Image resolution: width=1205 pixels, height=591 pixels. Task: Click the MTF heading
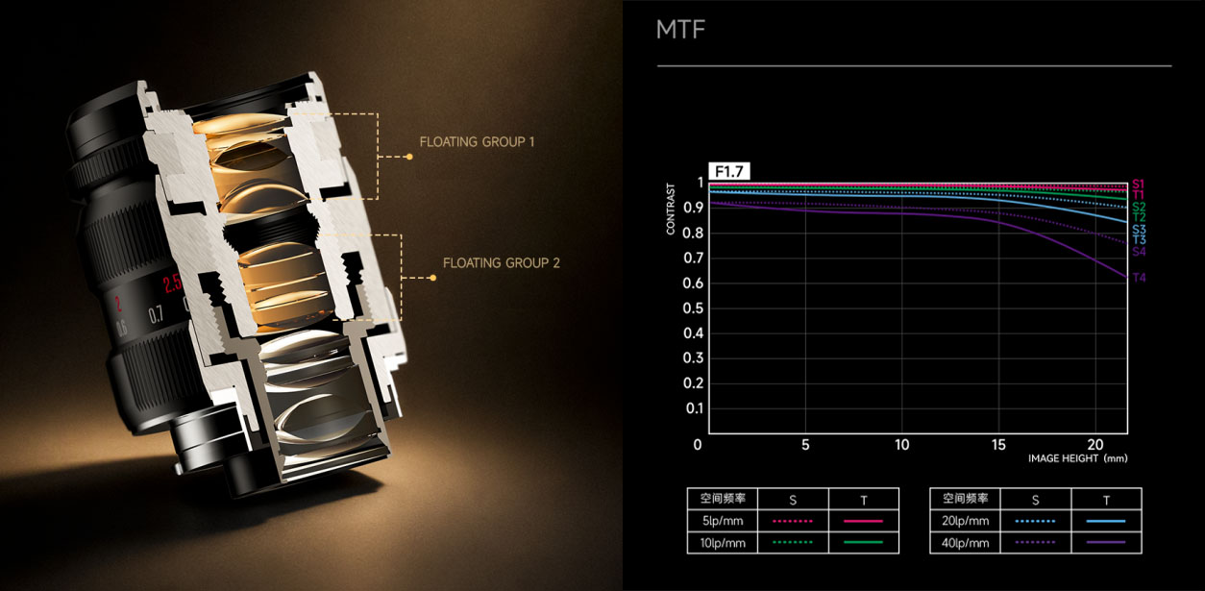click(x=680, y=29)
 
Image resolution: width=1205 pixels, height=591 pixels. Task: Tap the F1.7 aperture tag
click(x=729, y=172)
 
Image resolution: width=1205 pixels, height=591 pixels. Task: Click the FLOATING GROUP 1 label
click(x=478, y=142)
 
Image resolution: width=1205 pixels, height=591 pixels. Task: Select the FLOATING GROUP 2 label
click(x=502, y=263)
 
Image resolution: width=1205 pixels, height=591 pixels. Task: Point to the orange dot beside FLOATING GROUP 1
click(x=409, y=157)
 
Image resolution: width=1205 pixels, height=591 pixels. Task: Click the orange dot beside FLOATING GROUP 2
click(x=433, y=278)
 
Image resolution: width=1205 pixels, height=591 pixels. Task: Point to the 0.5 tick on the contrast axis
click(x=693, y=308)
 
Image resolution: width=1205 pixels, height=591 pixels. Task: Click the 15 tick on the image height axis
click(x=998, y=445)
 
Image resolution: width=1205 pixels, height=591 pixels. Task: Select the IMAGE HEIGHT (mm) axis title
click(x=1077, y=458)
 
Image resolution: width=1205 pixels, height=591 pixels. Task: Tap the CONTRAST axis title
click(x=671, y=209)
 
